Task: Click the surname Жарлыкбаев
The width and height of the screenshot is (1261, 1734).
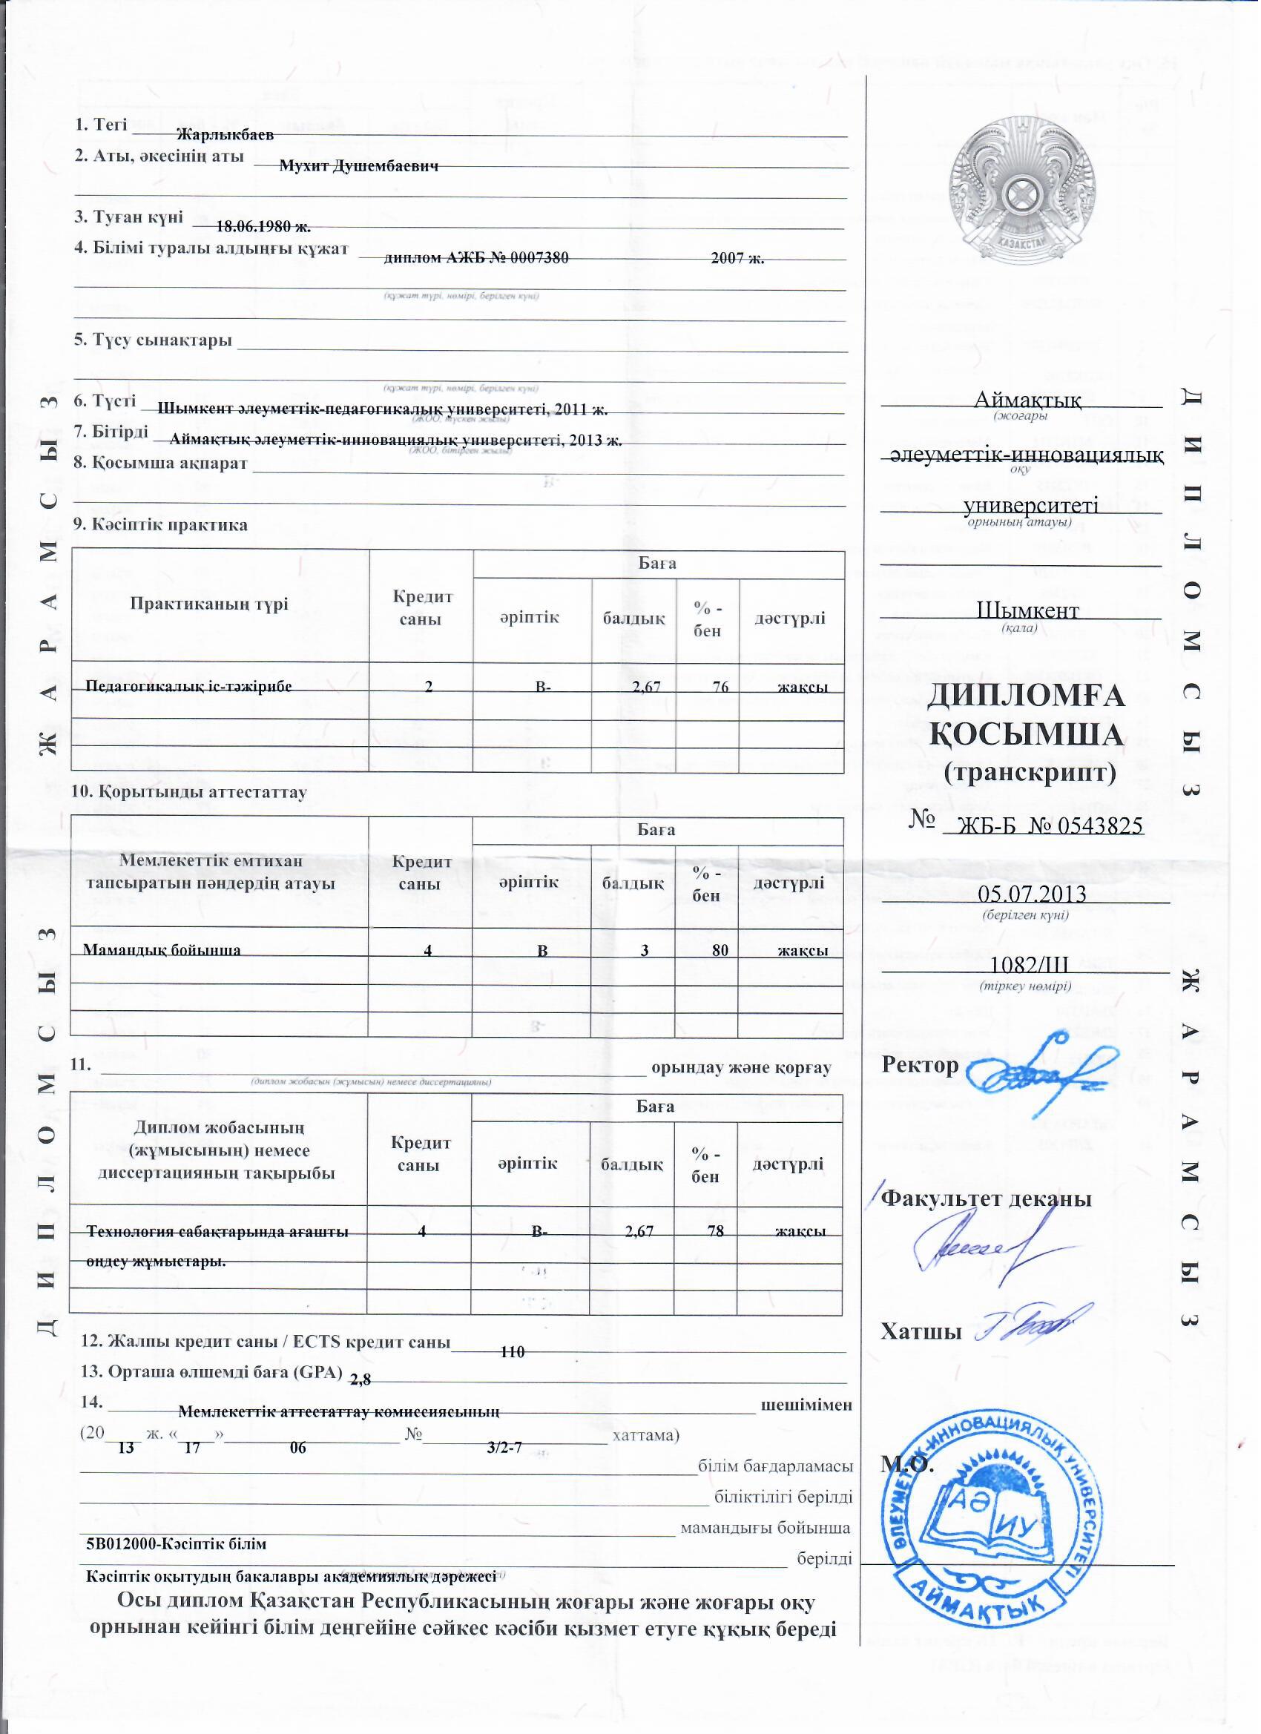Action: pyautogui.click(x=225, y=135)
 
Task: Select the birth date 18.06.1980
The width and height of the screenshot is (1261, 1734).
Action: pyautogui.click(x=263, y=226)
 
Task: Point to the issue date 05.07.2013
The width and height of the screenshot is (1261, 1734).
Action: pyautogui.click(x=1033, y=894)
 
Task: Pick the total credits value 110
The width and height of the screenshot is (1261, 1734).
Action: pyautogui.click(x=513, y=1353)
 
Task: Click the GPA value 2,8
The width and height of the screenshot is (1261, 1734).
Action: pyautogui.click(x=360, y=1380)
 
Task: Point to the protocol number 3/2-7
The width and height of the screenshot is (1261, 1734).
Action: pyautogui.click(x=504, y=1447)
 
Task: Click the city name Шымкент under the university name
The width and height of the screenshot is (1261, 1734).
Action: pyautogui.click(x=1028, y=611)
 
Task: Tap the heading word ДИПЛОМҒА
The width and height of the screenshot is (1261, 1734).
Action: pyautogui.click(x=1027, y=696)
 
